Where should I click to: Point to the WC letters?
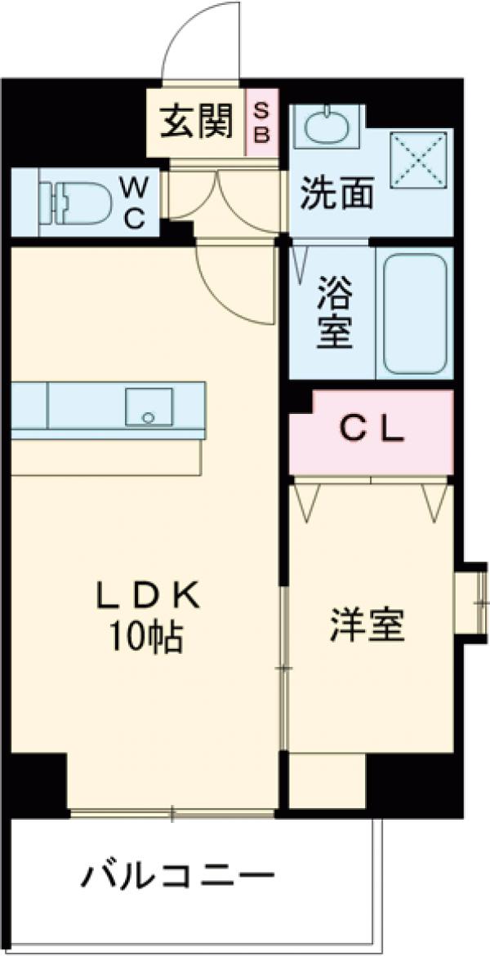coord(135,202)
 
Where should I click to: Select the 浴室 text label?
coord(335,313)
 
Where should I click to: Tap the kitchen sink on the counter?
coord(149,407)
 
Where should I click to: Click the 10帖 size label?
coord(147,637)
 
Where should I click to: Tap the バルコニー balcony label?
coord(176,878)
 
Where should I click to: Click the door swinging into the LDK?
coord(237,286)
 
